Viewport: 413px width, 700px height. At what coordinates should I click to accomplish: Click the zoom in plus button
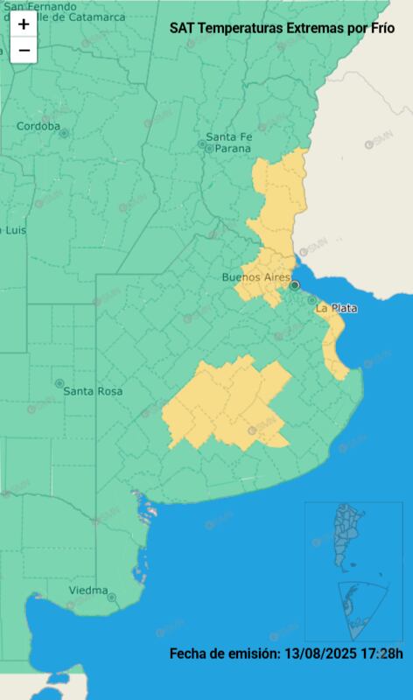(24, 25)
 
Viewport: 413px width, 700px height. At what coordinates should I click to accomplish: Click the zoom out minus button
(24, 50)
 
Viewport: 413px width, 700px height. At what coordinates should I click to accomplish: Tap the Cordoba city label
(38, 126)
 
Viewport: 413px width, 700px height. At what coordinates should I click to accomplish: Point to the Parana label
(233, 148)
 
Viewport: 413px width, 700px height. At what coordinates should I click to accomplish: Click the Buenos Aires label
(255, 277)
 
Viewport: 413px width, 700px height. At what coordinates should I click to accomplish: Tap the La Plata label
(337, 308)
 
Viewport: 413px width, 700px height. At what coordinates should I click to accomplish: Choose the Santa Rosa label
(93, 390)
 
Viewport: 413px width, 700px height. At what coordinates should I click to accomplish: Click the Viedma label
(88, 590)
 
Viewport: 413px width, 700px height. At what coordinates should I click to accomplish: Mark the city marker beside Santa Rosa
(59, 383)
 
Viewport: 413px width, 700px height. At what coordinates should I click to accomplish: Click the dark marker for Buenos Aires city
(295, 284)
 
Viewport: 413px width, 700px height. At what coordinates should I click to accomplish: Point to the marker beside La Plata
(311, 300)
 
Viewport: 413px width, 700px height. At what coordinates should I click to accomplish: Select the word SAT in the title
(182, 28)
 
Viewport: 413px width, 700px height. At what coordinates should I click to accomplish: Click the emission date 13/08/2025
(321, 653)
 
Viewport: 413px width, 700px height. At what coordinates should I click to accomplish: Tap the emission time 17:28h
(382, 653)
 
